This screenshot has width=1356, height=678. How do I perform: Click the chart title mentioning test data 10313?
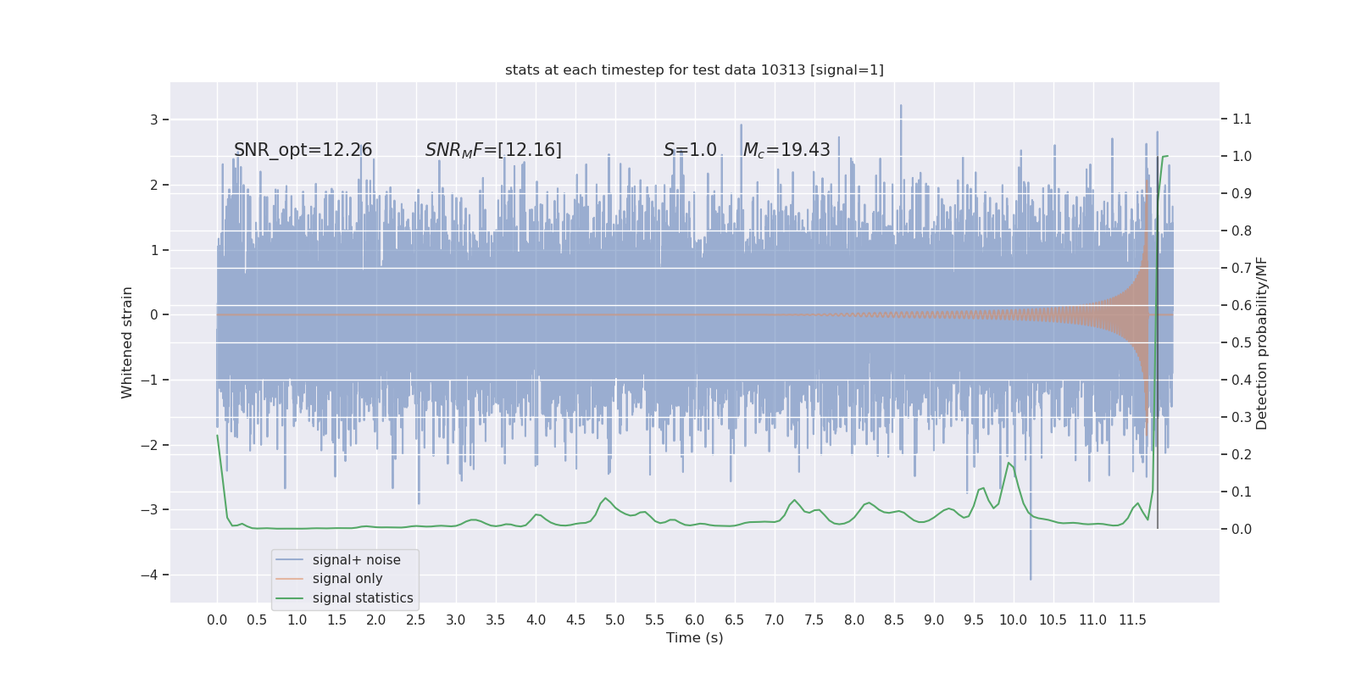pyautogui.click(x=694, y=70)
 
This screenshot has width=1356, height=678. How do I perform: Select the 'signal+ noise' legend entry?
pyautogui.click(x=356, y=560)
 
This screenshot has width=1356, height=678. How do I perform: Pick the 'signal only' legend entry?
pyautogui.click(x=347, y=579)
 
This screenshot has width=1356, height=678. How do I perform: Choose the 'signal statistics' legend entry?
pyautogui.click(x=363, y=598)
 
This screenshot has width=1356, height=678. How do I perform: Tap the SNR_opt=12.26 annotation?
pyautogui.click(x=303, y=150)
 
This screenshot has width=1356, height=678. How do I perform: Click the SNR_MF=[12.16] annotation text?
pyautogui.click(x=493, y=150)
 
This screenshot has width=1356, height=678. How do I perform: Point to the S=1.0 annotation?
pyautogui.click(x=690, y=150)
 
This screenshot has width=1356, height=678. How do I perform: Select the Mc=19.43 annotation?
pyautogui.click(x=786, y=150)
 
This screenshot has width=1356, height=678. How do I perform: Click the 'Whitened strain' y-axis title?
pyautogui.click(x=127, y=342)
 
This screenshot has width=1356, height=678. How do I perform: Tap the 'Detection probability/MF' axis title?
pyautogui.click(x=1262, y=342)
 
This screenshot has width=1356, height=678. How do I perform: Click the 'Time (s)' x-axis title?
pyautogui.click(x=694, y=638)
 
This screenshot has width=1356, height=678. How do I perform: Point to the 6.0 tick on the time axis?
pyautogui.click(x=694, y=620)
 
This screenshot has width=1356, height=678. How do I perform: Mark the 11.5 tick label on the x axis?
pyautogui.click(x=1132, y=620)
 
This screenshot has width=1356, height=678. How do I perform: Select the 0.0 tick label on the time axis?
pyautogui.click(x=217, y=620)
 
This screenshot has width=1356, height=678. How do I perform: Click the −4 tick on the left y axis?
pyautogui.click(x=153, y=575)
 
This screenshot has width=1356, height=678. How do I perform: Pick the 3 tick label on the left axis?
pyautogui.click(x=154, y=120)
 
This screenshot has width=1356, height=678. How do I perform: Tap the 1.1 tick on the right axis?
pyautogui.click(x=1242, y=119)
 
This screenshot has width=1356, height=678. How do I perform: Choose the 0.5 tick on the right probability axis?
pyautogui.click(x=1242, y=343)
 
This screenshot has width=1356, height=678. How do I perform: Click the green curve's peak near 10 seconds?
pyautogui.click(x=1009, y=463)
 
